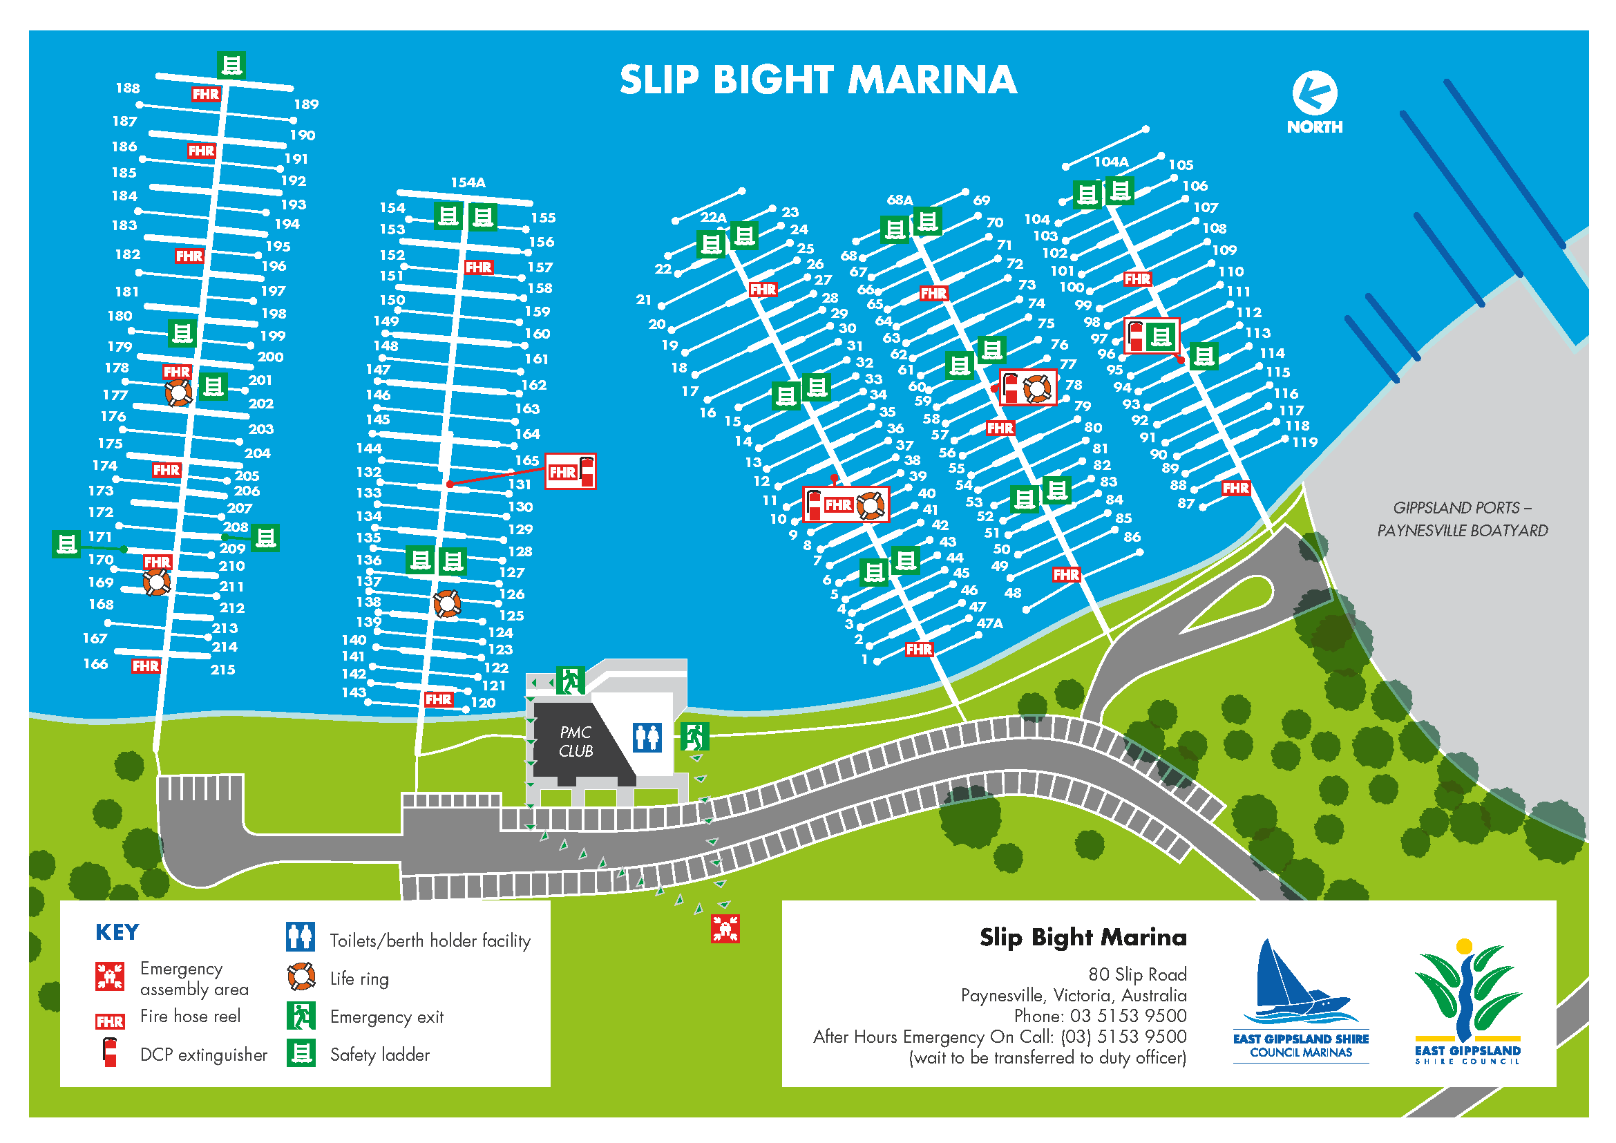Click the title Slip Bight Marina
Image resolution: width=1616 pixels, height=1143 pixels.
tap(818, 79)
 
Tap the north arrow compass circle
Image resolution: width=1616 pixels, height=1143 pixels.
tap(1314, 93)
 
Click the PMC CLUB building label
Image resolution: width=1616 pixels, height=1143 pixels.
tap(576, 741)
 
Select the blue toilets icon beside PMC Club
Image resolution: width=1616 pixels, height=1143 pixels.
tap(647, 737)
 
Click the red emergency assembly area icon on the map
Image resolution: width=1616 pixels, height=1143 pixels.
tap(725, 928)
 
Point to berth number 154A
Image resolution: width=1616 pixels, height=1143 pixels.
tap(468, 182)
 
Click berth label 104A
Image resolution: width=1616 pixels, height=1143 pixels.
tap(1111, 162)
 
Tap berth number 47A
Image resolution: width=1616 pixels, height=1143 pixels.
tap(989, 623)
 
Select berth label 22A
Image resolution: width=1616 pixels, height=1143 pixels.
tap(713, 218)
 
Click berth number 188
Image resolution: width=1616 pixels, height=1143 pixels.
tap(127, 88)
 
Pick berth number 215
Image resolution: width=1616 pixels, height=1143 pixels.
tap(222, 670)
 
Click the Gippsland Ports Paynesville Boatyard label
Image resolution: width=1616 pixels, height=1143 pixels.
tap(1462, 520)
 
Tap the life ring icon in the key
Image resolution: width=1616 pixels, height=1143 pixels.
tap(301, 977)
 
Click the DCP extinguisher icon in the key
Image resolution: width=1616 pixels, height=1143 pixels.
tap(110, 1053)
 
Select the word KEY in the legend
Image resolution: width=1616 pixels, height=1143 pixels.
tap(117, 932)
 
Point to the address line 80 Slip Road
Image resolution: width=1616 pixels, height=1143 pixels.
tap(1137, 974)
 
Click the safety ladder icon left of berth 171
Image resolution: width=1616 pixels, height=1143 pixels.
tap(66, 544)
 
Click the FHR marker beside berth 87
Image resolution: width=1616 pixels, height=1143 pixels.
tap(1235, 489)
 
